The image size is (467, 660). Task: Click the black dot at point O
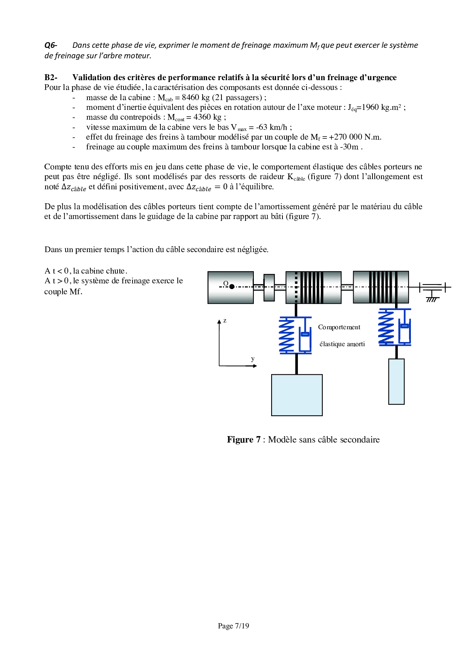232,287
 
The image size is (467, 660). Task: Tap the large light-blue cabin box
297,395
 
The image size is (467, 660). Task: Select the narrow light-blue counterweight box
396,382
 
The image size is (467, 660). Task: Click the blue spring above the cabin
287,335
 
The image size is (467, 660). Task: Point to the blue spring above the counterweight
386,327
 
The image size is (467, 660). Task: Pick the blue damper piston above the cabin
305,334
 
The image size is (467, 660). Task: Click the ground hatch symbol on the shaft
432,300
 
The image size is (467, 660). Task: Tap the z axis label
225,321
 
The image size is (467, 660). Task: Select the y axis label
253,359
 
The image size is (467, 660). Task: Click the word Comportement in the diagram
339,327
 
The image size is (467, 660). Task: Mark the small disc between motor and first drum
269,287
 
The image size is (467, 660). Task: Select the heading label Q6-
51,46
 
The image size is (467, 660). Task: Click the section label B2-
51,78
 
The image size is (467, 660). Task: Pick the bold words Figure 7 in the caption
244,439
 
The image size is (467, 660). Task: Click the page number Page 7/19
233,626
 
